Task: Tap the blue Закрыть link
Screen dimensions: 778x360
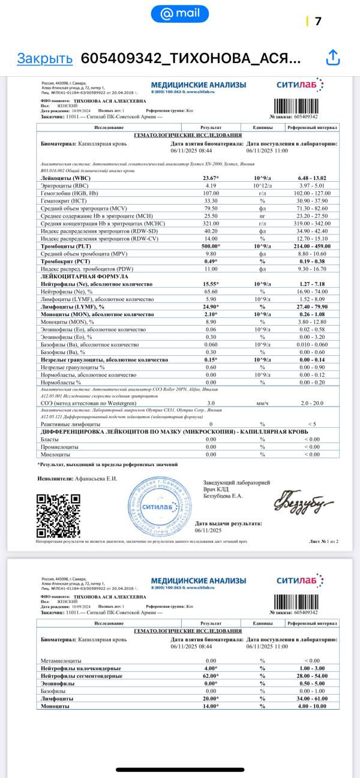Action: [44, 58]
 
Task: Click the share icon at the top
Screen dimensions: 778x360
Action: [332, 58]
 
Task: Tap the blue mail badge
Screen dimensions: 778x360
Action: [180, 13]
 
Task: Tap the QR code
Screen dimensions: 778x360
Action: [58, 515]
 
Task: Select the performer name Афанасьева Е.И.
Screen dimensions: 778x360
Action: [96, 479]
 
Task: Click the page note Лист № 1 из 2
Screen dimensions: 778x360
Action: [323, 542]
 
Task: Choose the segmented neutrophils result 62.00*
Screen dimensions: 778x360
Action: [211, 676]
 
